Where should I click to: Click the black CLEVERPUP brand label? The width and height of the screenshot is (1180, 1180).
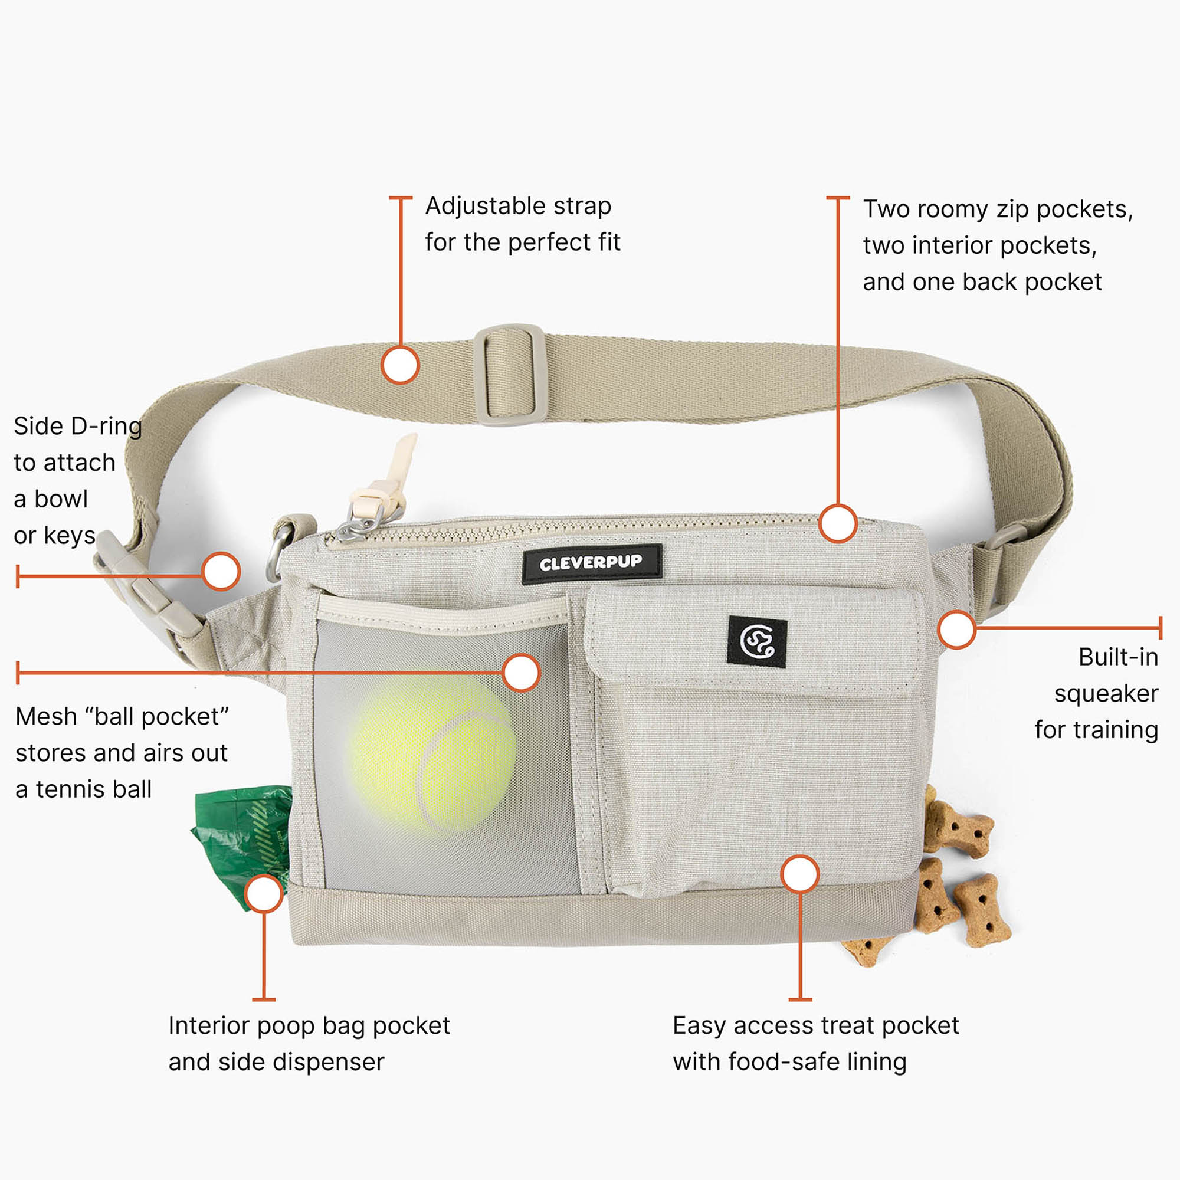tap(592, 563)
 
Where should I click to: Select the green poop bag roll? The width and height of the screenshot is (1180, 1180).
tap(242, 847)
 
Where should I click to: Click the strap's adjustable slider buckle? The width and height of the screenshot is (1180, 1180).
tap(509, 375)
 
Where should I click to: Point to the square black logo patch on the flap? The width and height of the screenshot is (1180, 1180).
tap(757, 641)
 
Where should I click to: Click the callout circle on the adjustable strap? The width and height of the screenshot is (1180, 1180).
tap(400, 365)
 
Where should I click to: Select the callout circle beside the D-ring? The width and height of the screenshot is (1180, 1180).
tap(221, 571)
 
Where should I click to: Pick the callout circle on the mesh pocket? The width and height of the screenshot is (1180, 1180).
tap(521, 673)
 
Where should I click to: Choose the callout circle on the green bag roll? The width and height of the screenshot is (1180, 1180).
tap(263, 893)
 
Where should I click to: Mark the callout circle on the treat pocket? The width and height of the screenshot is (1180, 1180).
tap(799, 874)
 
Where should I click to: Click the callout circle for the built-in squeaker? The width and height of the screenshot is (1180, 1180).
tap(956, 629)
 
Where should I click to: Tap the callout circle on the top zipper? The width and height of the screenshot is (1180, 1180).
tap(838, 523)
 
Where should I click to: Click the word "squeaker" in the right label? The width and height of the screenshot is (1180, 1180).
tap(1106, 694)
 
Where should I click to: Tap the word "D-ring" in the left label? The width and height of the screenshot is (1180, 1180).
tap(106, 427)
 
